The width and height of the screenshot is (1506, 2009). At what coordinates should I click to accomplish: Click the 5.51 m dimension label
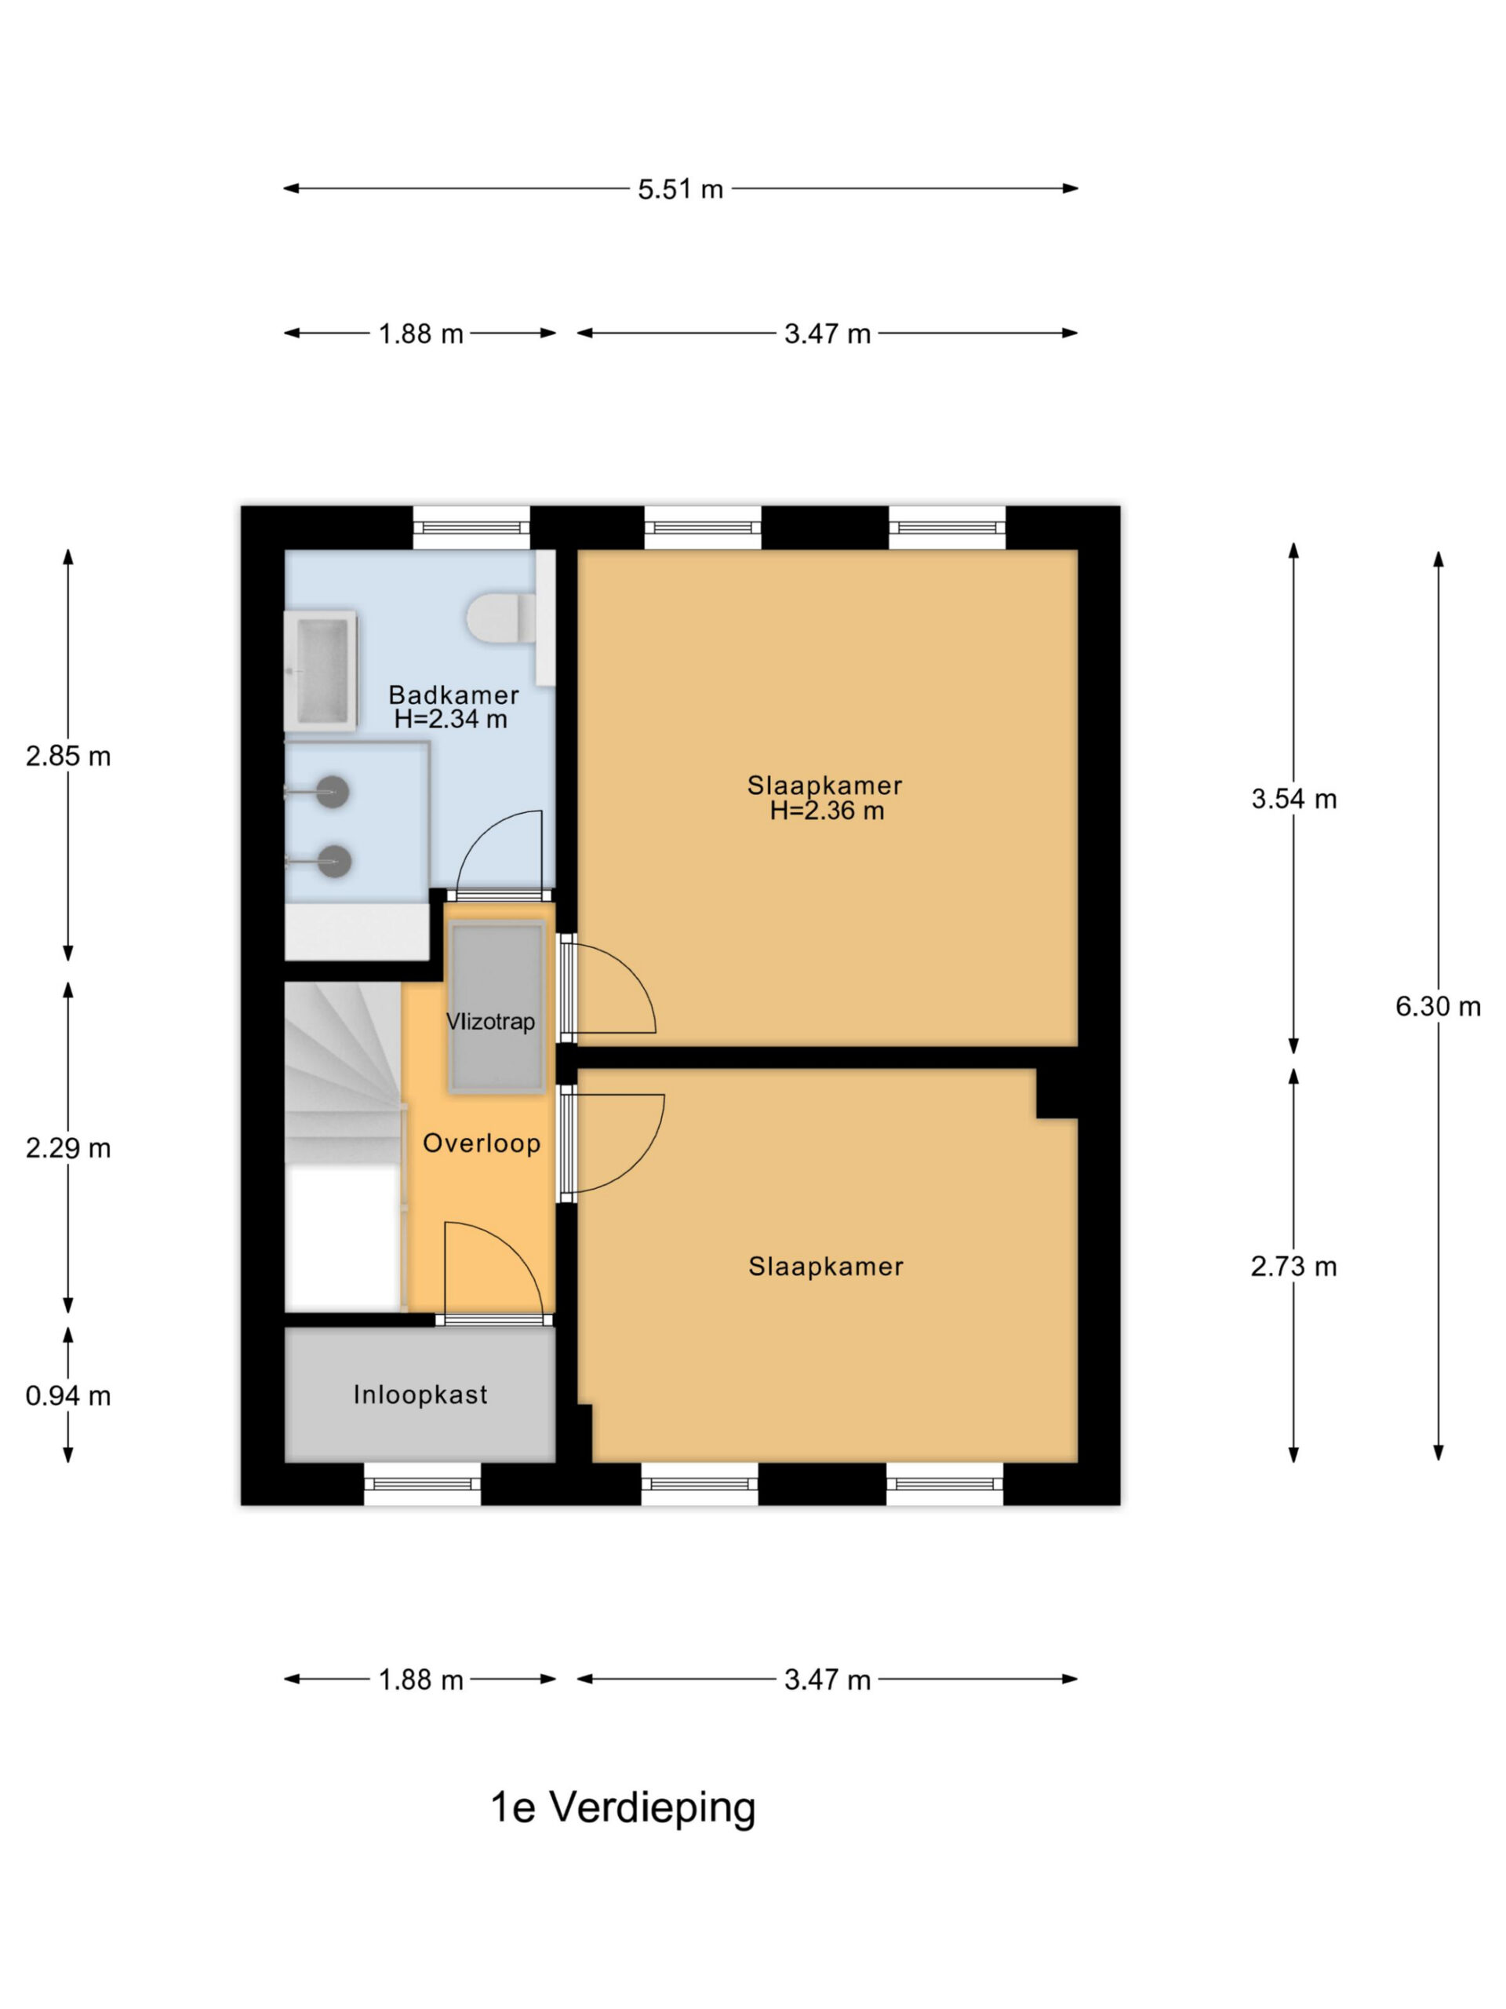(680, 189)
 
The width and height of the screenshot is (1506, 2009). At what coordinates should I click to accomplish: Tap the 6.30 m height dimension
(1438, 1006)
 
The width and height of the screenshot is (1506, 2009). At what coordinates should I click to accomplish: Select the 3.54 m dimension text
(1293, 799)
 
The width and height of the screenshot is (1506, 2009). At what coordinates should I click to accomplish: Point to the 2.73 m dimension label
(1293, 1266)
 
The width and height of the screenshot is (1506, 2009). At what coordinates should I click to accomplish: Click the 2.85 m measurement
(68, 756)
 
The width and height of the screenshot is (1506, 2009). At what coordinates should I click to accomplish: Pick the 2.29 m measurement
(68, 1148)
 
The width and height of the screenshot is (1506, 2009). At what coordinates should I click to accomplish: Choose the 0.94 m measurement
(68, 1395)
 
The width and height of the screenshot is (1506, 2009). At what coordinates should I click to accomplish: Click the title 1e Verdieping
(623, 1808)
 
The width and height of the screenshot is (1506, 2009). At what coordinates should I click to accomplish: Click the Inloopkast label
(420, 1395)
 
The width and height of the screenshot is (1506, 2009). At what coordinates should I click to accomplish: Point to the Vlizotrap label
(490, 1022)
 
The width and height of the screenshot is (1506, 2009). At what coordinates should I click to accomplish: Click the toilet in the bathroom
(501, 618)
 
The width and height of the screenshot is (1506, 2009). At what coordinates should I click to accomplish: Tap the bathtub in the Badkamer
(321, 671)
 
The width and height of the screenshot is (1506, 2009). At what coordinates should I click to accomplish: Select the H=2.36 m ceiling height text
(826, 811)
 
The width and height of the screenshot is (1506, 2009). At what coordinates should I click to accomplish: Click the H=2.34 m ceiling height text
(451, 720)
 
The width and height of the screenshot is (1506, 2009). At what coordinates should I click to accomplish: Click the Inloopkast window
(422, 1484)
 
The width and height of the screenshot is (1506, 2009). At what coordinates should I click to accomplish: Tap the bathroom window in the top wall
(471, 527)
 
